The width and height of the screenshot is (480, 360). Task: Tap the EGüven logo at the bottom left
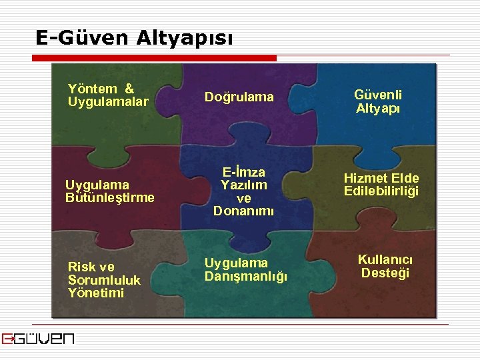tap(37, 338)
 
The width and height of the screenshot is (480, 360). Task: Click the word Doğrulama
tap(239, 97)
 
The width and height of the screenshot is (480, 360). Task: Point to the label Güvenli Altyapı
tap(378, 102)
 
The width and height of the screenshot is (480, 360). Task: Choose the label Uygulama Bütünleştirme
tap(109, 191)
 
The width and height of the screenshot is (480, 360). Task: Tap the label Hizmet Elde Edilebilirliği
tap(381, 185)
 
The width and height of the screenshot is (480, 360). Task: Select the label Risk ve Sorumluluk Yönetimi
tap(104, 280)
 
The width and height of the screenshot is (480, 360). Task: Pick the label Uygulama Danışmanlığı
tap(245, 269)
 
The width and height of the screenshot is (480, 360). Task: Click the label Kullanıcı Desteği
tap(385, 266)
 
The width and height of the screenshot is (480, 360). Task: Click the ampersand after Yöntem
tap(129, 89)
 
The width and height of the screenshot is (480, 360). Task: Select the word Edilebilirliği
tap(381, 191)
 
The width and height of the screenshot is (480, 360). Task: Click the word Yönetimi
tap(95, 293)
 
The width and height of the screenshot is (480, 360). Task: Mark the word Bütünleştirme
tap(109, 197)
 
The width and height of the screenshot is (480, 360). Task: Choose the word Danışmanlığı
tap(245, 276)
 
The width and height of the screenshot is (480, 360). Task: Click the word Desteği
tap(385, 273)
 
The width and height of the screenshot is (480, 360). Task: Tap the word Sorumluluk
tap(104, 280)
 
